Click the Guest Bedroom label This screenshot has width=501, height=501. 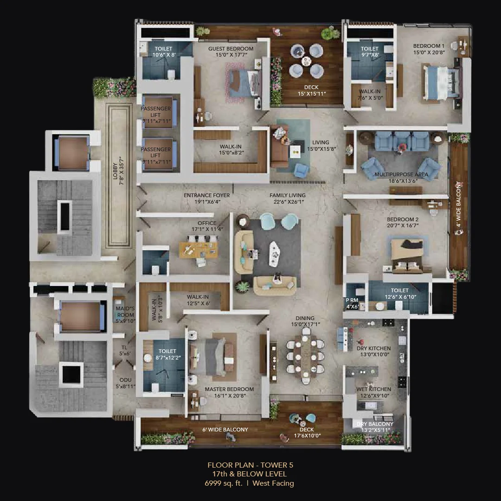[x=231, y=49]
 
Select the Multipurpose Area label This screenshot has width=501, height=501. [x=395, y=175]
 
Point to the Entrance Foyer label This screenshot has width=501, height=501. [x=206, y=195]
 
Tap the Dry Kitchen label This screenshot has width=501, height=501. [x=373, y=348]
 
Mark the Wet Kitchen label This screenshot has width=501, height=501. [x=373, y=389]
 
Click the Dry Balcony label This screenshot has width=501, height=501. [x=374, y=424]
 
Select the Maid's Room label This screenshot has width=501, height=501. [x=125, y=312]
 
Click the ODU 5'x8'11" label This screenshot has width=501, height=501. [x=125, y=383]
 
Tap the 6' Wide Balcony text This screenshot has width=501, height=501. [x=225, y=430]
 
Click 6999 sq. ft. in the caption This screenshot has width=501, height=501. [x=224, y=483]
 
